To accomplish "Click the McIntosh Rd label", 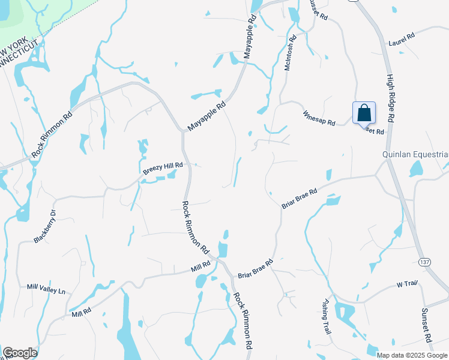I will pyautogui.click(x=290, y=55).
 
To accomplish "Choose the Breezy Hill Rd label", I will pyautogui.click(x=162, y=167).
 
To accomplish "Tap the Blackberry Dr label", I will pyautogui.click(x=45, y=227).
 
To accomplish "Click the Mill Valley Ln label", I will pyautogui.click(x=46, y=289).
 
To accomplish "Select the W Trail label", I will pyautogui.click(x=406, y=284).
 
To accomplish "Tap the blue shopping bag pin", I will pyautogui.click(x=364, y=112).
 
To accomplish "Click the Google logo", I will pyautogui.click(x=20, y=353).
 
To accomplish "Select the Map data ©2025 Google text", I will pyautogui.click(x=412, y=355).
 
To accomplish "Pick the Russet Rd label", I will pyautogui.click(x=318, y=10).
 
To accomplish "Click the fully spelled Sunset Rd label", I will pyautogui.click(x=427, y=325).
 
